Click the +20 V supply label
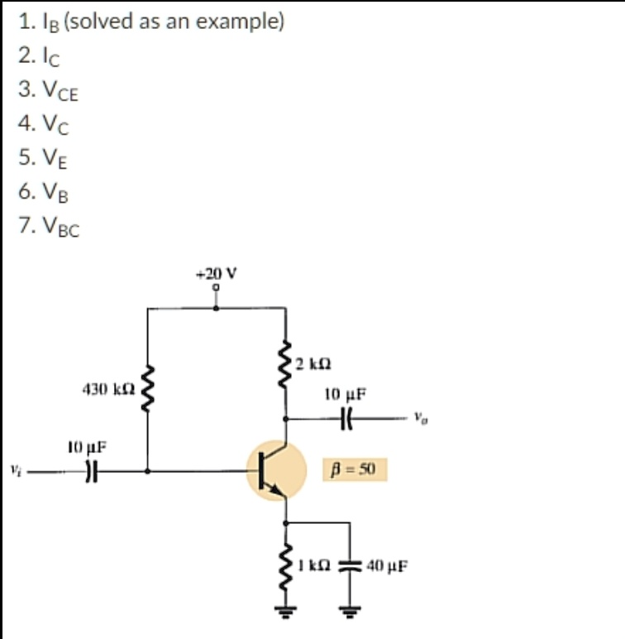coord(217,272)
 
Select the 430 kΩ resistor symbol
coord(148,388)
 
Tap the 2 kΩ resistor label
coord(312,363)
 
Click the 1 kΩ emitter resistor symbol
coord(286,566)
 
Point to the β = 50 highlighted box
coord(355,469)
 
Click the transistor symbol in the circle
coord(276,471)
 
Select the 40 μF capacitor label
coord(387,565)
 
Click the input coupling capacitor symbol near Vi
coord(92,472)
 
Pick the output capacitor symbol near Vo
coord(346,419)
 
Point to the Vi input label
coord(16,471)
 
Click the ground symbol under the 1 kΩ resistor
coord(286,611)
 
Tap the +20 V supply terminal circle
coord(217,287)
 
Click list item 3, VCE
coord(48,89)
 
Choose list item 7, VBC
coord(49,226)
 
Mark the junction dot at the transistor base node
coord(148,471)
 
